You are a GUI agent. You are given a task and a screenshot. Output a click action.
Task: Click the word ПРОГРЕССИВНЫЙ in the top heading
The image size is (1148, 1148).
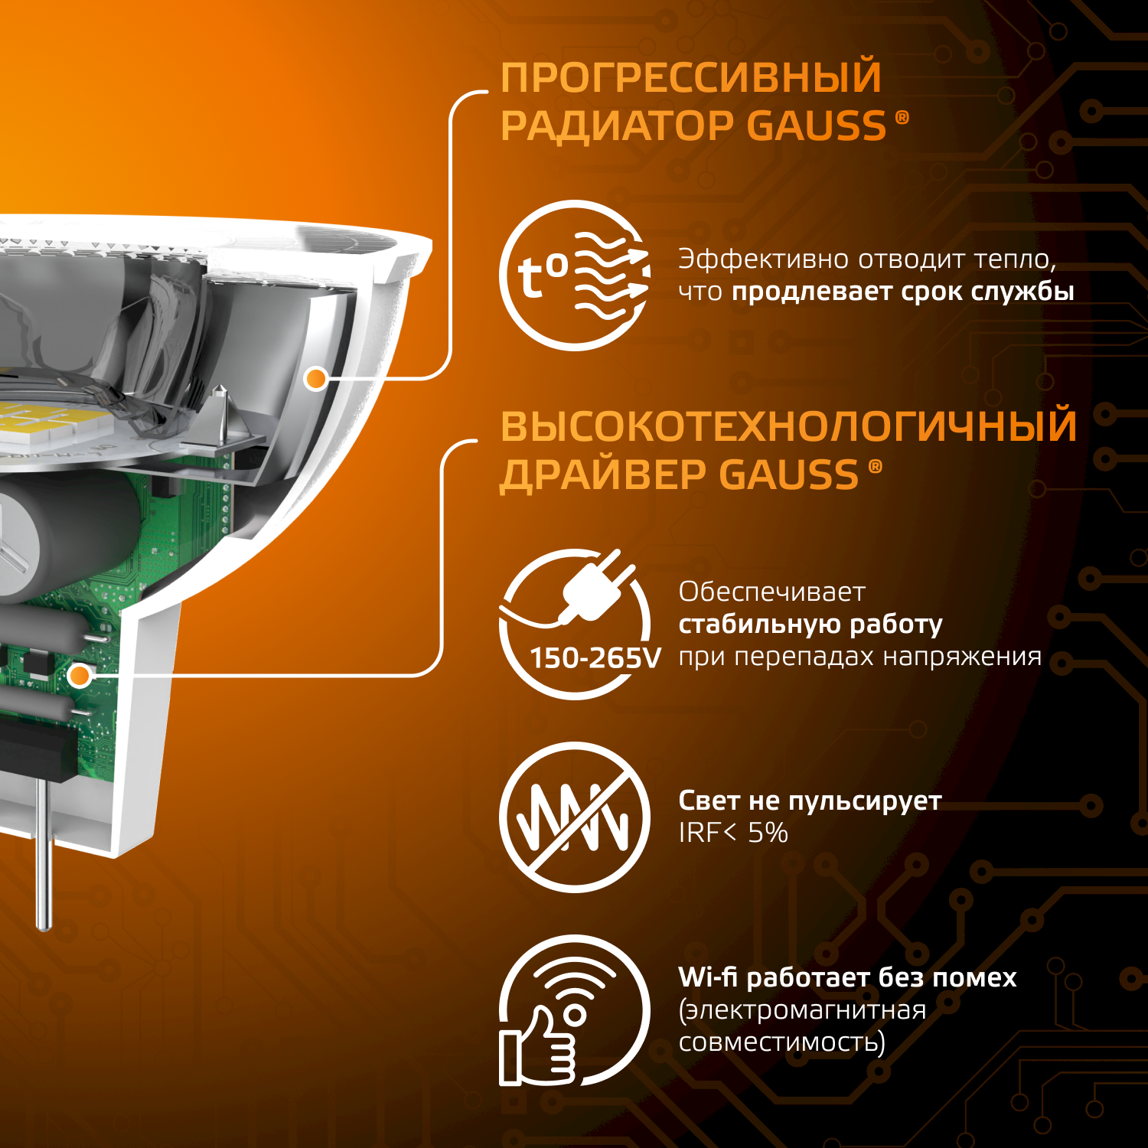tap(690, 77)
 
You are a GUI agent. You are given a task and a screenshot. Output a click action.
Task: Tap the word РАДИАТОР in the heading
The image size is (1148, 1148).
tap(617, 126)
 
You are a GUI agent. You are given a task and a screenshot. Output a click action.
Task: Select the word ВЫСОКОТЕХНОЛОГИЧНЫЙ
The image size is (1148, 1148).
tap(788, 426)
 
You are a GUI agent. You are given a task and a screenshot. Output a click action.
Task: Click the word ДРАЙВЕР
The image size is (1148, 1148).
tap(603, 475)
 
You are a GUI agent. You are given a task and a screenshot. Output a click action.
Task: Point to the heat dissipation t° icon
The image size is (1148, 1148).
tap(575, 276)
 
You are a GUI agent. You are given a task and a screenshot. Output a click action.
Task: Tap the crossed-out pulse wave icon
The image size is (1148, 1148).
tap(575, 817)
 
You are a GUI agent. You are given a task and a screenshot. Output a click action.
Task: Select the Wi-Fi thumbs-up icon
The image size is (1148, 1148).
tap(575, 1010)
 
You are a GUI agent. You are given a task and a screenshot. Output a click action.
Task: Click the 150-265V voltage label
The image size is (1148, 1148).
tap(595, 658)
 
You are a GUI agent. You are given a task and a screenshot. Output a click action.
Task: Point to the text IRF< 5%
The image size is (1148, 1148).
tap(733, 833)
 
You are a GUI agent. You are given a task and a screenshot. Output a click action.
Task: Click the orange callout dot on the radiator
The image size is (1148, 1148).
tap(316, 378)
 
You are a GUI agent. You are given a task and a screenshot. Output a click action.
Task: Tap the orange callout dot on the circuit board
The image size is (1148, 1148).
tap(80, 676)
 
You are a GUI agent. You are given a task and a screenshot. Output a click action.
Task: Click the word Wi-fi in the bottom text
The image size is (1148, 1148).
tap(708, 977)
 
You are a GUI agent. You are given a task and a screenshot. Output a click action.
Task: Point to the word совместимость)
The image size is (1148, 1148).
tap(781, 1042)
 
